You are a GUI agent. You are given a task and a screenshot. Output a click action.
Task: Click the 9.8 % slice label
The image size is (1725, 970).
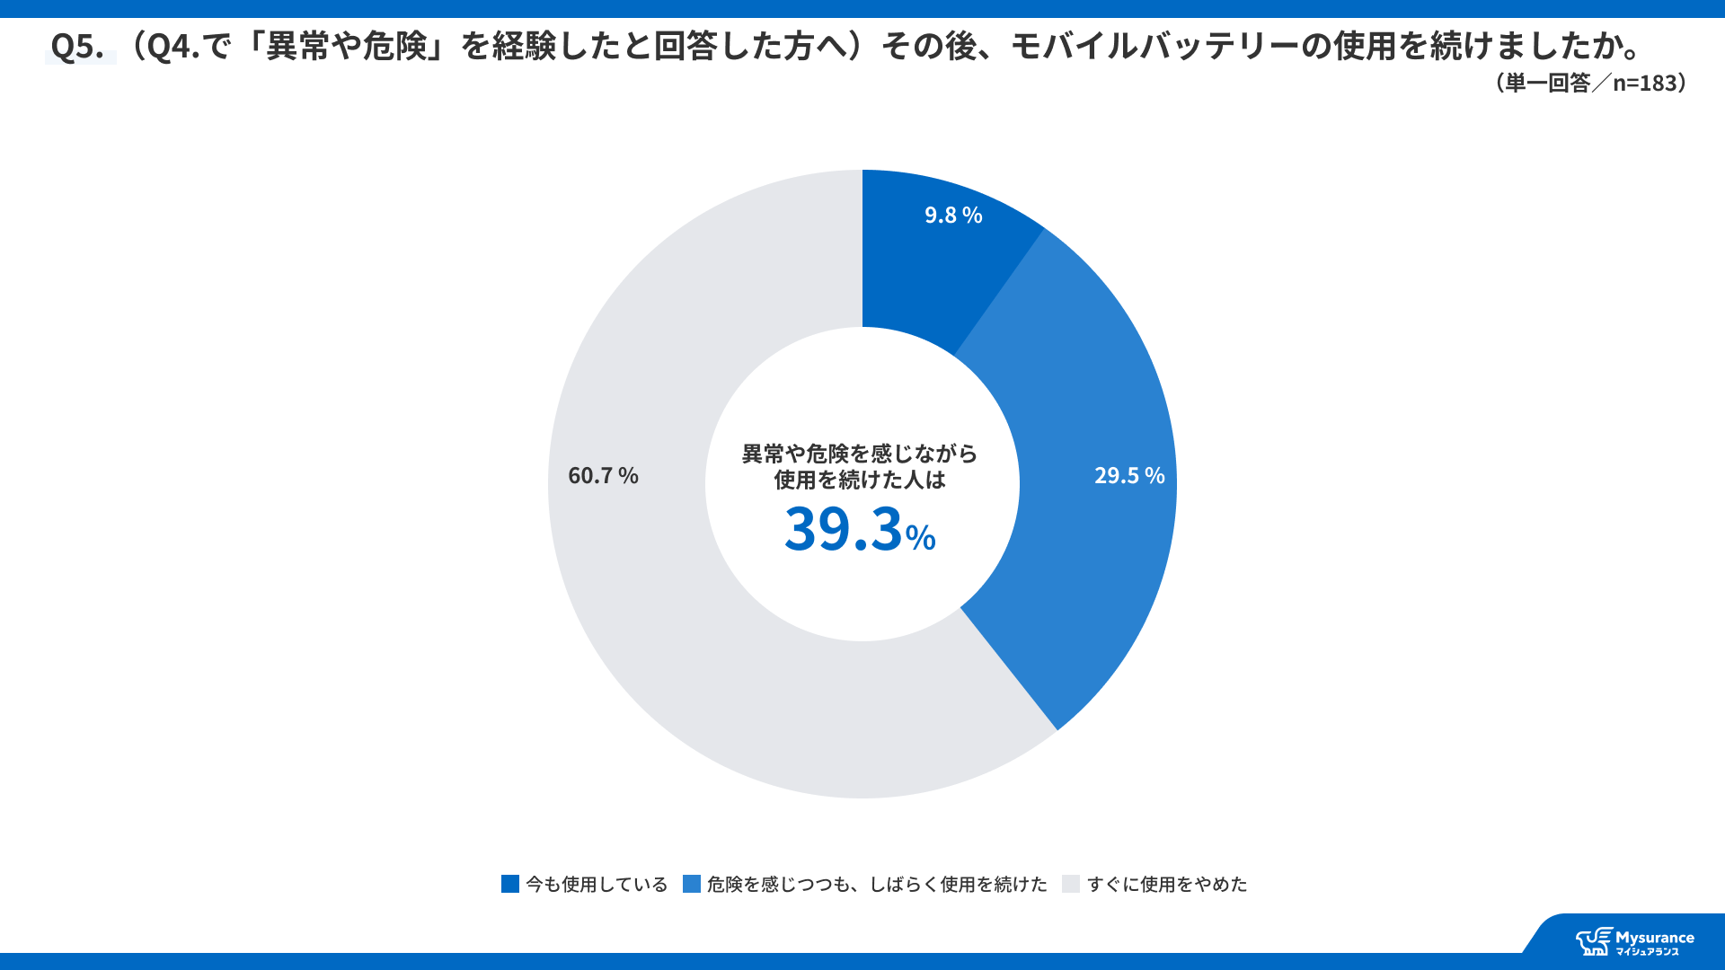coord(953,216)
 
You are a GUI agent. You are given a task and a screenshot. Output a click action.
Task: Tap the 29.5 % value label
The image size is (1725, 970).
coord(1128,475)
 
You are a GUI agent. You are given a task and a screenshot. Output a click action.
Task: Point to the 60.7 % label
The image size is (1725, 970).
coord(603,475)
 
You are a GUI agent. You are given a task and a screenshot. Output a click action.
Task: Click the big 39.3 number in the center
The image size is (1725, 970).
coord(843,529)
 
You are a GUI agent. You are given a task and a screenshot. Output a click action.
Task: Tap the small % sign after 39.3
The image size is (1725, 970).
coord(920,538)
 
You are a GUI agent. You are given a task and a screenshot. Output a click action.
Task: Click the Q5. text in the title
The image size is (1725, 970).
coord(77,46)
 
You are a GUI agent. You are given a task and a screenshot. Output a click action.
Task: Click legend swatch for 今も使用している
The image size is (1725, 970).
coord(510,884)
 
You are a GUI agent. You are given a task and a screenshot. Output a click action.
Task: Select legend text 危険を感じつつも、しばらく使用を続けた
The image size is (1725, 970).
coord(877,885)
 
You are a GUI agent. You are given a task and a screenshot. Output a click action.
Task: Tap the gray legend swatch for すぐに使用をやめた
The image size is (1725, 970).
coord(1070,884)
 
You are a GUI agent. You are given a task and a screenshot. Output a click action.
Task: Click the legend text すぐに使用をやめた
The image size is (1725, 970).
coord(1167,885)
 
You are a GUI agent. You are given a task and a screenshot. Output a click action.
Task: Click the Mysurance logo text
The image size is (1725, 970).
coord(1654,939)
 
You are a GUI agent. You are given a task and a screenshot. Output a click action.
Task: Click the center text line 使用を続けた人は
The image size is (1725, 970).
coord(860,481)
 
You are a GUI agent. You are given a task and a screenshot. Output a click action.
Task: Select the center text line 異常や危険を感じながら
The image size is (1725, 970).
coord(860,454)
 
